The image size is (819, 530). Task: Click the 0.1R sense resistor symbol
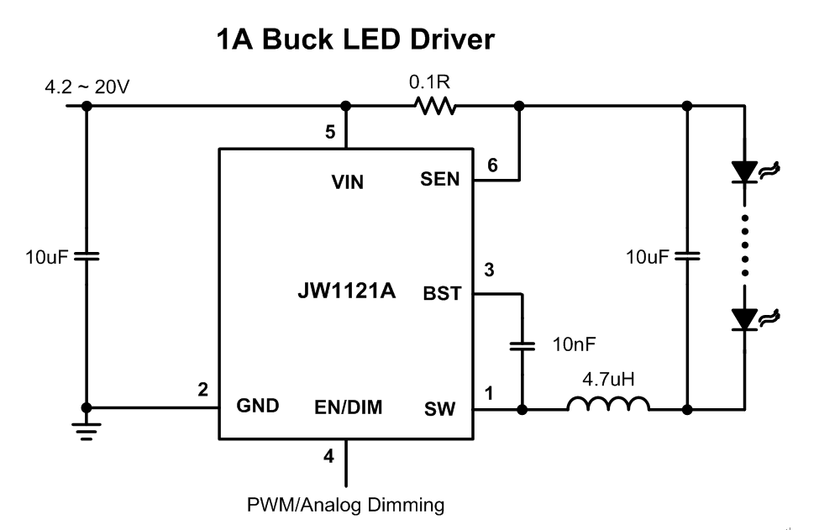coord(433,106)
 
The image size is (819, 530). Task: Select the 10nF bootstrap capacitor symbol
coord(522,344)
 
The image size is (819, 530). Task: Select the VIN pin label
coord(347,181)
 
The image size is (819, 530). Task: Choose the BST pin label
coord(442,295)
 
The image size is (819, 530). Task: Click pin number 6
coord(493,165)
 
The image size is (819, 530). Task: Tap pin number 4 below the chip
coord(328,456)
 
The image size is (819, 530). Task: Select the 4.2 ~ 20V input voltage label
coord(86,86)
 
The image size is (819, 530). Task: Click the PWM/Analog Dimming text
coord(345,505)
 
